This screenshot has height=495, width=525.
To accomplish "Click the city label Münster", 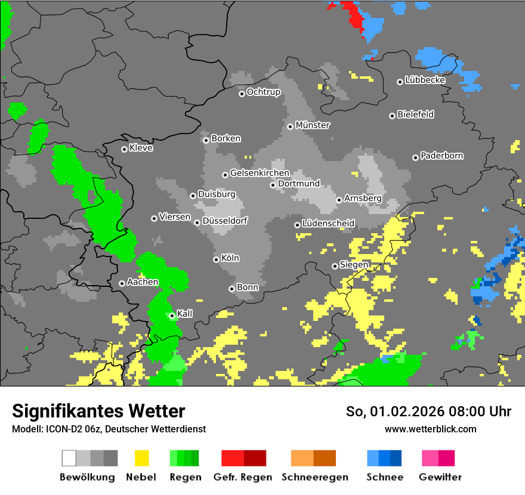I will [x=313, y=125].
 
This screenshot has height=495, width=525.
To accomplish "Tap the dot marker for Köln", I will [x=216, y=259].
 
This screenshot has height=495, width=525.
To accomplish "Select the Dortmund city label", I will [x=299, y=184].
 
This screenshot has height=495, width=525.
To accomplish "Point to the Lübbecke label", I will [x=425, y=80].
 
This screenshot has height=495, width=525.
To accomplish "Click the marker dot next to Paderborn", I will [x=415, y=157].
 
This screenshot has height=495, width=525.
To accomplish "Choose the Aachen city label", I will [x=143, y=282].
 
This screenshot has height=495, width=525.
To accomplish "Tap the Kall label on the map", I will [x=185, y=314].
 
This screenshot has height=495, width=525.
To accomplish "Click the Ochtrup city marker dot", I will [x=242, y=93].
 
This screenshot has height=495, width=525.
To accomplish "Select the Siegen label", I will [x=354, y=265].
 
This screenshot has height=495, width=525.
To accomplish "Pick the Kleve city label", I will [x=141, y=148].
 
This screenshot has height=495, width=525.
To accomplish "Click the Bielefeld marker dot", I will [x=392, y=116].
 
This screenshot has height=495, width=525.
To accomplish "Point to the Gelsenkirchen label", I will [x=260, y=173].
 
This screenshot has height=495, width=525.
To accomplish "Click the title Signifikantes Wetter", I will [x=98, y=411].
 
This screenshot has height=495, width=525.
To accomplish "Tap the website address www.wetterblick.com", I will [x=431, y=429].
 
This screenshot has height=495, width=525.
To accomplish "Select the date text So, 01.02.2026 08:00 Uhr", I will [x=428, y=412].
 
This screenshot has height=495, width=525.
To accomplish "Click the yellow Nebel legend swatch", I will [x=141, y=458].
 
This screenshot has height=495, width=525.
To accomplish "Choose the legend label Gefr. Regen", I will [x=243, y=477].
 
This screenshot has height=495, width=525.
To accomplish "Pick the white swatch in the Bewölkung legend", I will [x=69, y=458].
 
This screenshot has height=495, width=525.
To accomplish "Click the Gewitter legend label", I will [x=440, y=477].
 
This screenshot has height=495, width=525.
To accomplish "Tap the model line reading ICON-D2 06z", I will [x=109, y=429].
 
